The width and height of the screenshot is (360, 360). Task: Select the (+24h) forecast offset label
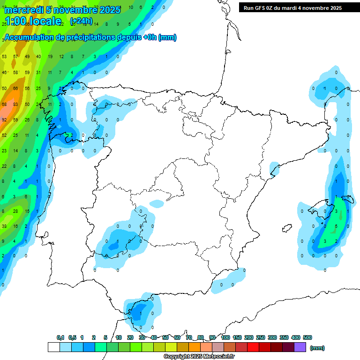81,21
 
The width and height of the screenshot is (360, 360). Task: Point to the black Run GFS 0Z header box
299,7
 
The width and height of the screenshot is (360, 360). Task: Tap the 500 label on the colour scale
307,337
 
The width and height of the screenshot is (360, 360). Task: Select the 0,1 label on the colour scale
60,337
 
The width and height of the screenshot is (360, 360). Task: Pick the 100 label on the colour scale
225,337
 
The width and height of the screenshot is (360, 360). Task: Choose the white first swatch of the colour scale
54,347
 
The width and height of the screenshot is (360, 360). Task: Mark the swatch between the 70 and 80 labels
195,347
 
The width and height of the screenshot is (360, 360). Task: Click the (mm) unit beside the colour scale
317,348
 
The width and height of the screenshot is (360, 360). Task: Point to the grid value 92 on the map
4,120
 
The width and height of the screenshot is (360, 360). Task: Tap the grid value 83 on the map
15,104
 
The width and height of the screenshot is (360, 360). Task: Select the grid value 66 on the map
15,88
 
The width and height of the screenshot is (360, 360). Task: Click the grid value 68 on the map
4,104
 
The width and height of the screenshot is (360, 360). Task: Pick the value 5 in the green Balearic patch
336,226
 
